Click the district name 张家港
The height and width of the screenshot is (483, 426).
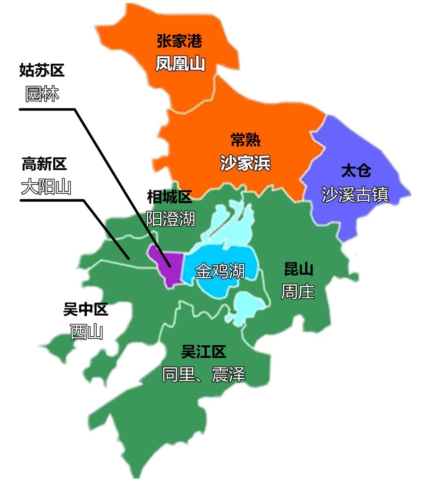pos(179,41)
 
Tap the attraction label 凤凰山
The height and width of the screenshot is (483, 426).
pos(180,64)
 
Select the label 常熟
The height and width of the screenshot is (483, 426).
pos(245,140)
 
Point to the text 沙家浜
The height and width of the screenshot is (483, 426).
pos(245,163)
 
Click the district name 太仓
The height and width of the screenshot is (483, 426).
pos(356,171)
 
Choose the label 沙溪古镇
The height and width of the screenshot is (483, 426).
pos(355,195)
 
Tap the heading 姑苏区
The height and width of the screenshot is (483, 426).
pos(42,70)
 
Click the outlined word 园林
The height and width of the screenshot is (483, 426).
pos(42,94)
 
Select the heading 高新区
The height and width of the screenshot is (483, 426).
pos(44,164)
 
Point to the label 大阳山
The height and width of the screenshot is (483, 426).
pos(46,187)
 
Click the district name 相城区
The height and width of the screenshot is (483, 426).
pos(170,197)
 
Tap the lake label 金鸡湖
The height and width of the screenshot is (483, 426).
pos(220,271)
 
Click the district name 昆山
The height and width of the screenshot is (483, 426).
pos(299,269)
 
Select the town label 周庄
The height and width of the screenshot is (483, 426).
pos(298,292)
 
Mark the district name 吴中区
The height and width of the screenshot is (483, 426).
pos(86,309)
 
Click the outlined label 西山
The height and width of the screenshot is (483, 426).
pos(87,332)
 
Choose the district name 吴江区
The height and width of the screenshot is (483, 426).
pos(204,351)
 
